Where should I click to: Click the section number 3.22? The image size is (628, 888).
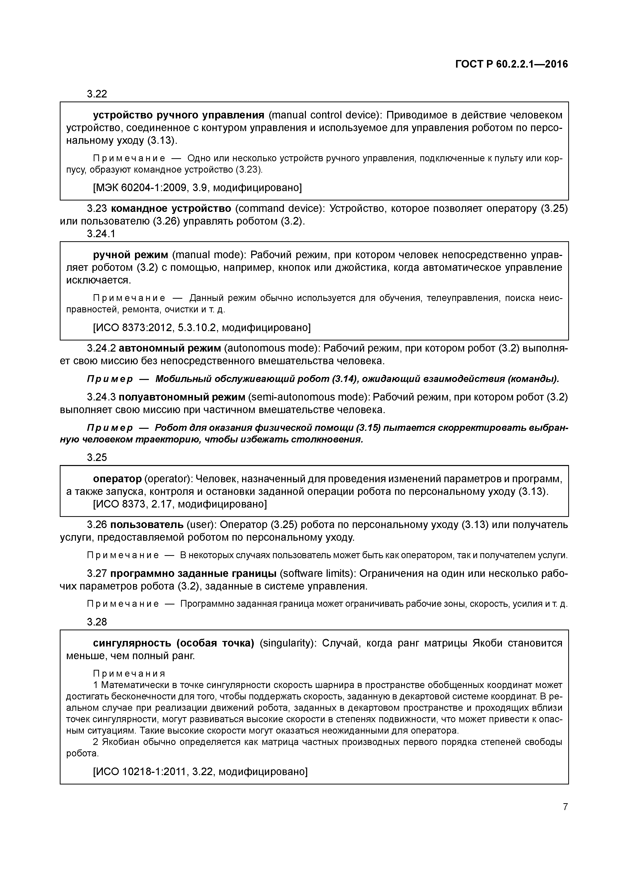(x=97, y=94)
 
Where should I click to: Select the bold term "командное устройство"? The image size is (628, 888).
(x=171, y=209)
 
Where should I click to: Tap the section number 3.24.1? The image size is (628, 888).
(x=101, y=234)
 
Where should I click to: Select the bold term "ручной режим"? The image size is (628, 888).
(x=130, y=255)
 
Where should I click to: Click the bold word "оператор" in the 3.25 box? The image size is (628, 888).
(x=117, y=479)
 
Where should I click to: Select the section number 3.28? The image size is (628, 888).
(x=97, y=622)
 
